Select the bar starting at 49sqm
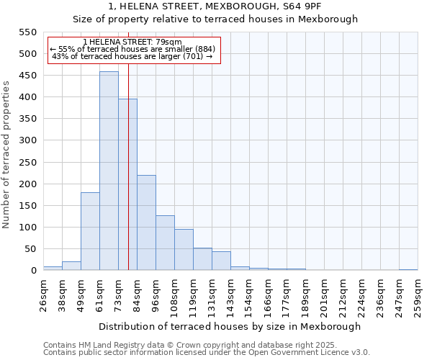90,231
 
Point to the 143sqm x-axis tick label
230,294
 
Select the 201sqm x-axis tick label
324,294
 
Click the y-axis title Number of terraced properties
6,154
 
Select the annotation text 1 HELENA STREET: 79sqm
132,42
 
